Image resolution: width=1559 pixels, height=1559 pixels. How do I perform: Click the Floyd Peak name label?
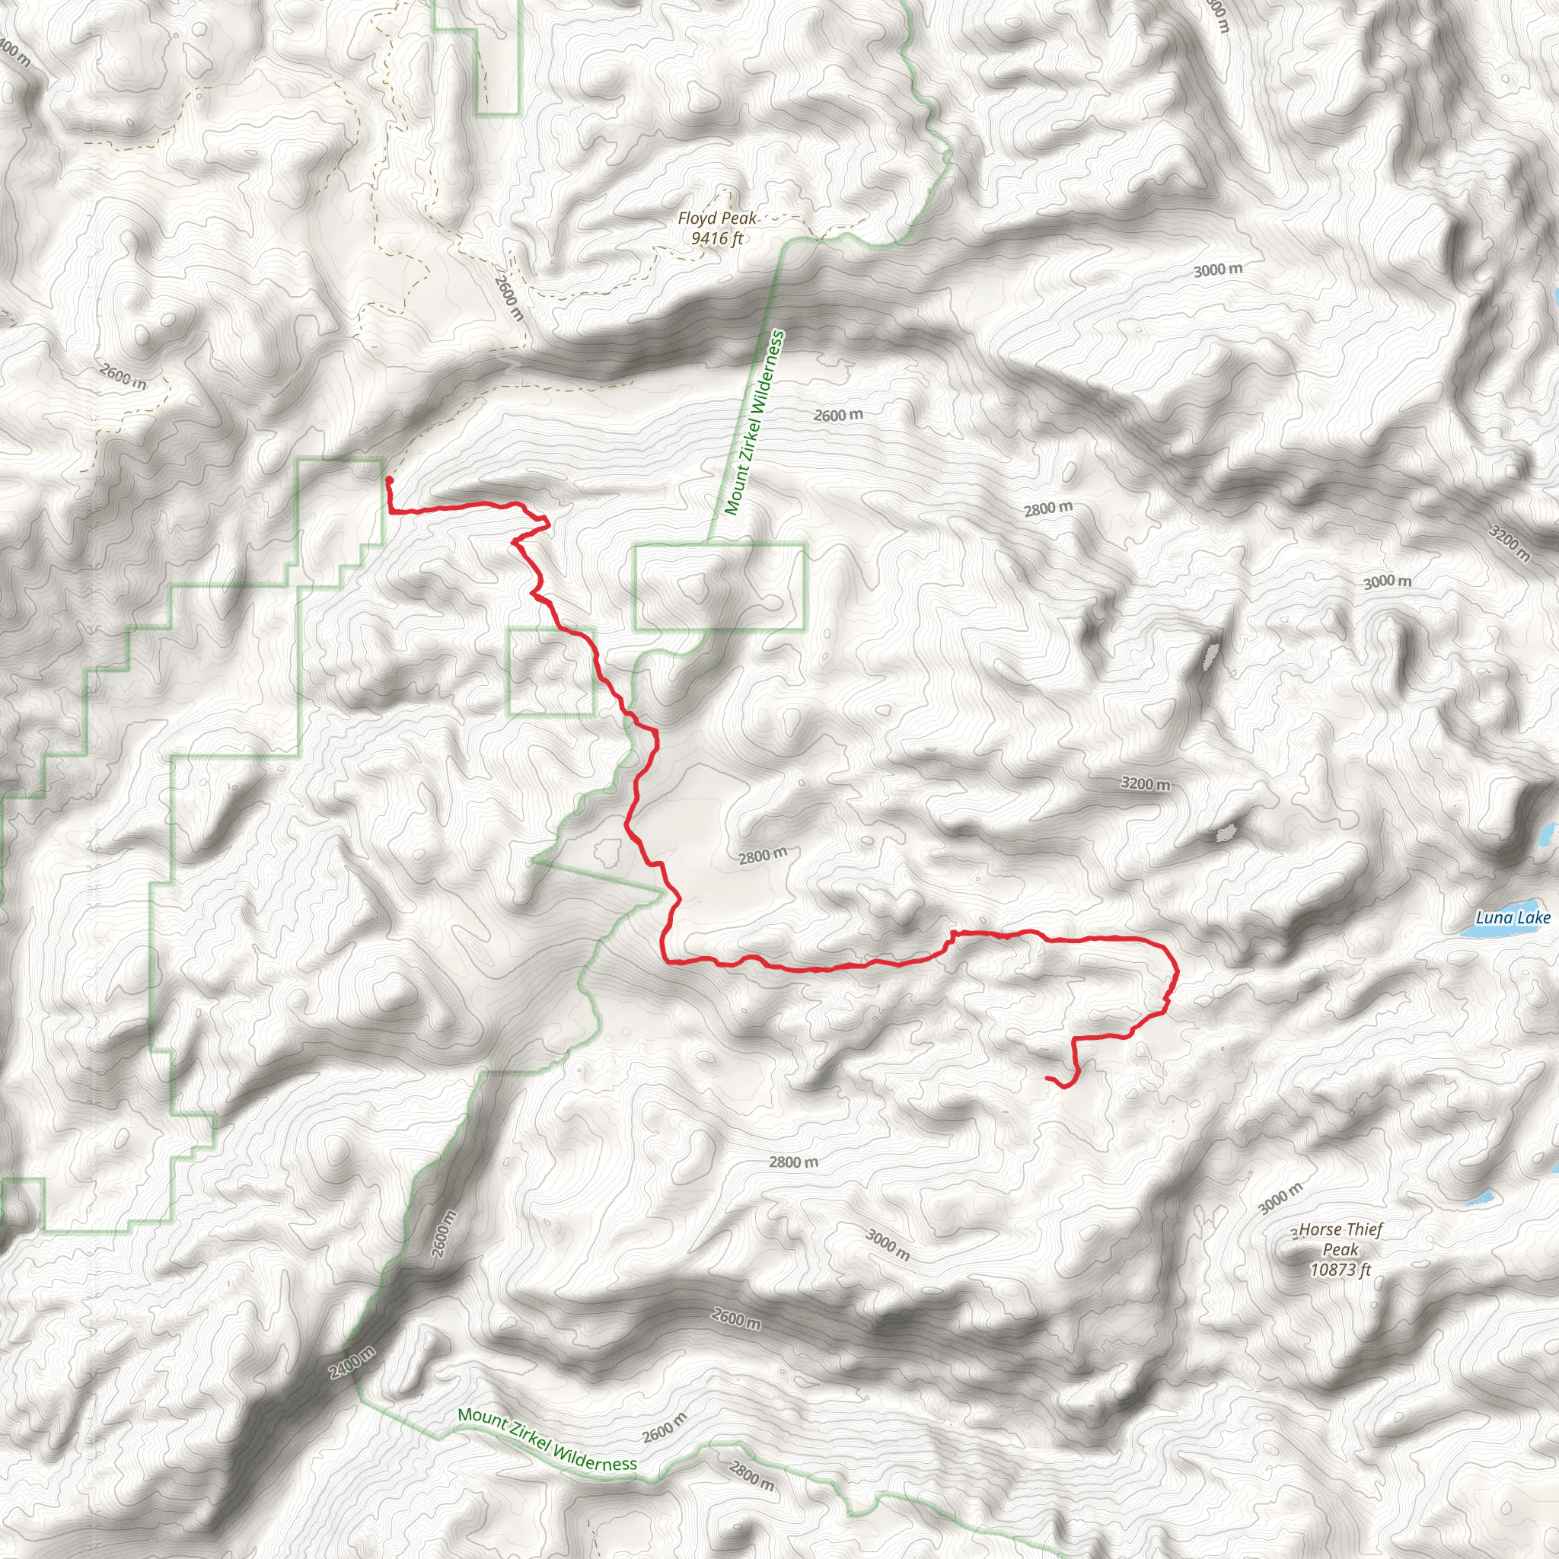pos(716,218)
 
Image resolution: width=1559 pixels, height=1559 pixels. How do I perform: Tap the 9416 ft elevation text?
pos(716,238)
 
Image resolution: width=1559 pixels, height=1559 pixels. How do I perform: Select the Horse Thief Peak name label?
pos(1341,1239)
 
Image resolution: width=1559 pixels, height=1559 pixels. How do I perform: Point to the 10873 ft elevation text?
pos(1341,1269)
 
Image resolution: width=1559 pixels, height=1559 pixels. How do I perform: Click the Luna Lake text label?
pos(1513,917)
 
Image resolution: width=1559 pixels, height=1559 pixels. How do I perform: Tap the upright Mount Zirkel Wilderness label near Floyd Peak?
pos(754,422)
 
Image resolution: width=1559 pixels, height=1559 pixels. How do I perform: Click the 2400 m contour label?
pos(352,1363)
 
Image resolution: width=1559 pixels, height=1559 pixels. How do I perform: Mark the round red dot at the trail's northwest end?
pos(389,480)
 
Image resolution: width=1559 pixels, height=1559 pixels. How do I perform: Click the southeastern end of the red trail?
pos(1048,1078)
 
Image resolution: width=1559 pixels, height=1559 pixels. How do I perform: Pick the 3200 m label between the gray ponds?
pos(1145,783)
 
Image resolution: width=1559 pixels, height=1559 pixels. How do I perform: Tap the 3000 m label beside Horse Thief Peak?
pos(1280,1198)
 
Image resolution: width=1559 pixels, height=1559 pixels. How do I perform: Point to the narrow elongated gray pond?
pos(1210,655)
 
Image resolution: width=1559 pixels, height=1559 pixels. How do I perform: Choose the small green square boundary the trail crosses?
pos(552,671)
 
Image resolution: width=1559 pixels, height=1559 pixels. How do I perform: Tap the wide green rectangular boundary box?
pos(720,587)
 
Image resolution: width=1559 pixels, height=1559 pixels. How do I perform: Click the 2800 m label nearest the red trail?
pos(763,856)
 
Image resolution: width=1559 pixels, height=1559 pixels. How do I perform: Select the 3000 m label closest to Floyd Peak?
pos(1218,269)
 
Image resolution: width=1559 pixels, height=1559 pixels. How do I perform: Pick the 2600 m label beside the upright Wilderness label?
pos(837,416)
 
